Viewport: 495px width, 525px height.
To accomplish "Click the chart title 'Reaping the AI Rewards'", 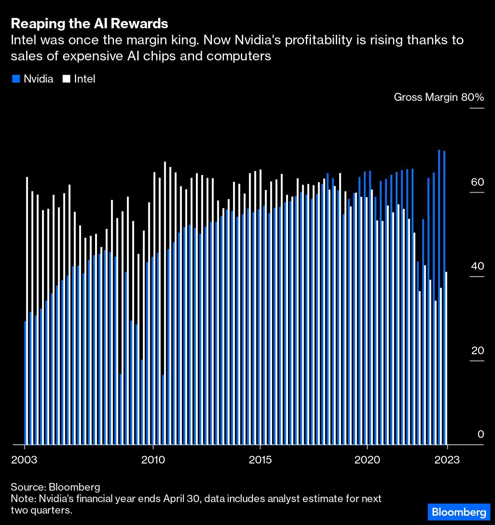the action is coord(89,24).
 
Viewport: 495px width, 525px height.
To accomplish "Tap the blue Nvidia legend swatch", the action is coord(16,79).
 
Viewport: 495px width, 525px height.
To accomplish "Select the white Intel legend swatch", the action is coord(66,79).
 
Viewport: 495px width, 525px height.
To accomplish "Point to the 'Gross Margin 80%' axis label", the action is coord(439,97).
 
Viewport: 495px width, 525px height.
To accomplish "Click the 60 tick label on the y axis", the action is coord(477,182).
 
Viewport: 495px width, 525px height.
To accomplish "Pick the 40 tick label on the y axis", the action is coord(477,266).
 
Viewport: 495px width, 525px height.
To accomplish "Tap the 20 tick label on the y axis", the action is coord(477,350).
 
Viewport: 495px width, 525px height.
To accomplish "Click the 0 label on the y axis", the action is coord(481,434).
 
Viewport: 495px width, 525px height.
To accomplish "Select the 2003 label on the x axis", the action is coord(24,460).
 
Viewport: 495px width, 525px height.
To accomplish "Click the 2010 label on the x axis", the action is coord(153,460).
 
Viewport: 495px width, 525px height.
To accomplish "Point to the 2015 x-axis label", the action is coord(260,460).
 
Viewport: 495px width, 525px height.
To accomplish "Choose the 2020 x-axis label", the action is coord(367,460).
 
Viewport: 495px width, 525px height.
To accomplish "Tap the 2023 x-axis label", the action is coord(447,460).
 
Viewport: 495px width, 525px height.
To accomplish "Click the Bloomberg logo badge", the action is coord(459,512).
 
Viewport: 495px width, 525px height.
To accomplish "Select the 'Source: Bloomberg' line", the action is coord(55,487).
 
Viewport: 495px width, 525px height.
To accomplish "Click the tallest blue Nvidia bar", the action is coord(439,297).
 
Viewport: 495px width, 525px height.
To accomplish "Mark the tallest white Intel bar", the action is coord(165,303).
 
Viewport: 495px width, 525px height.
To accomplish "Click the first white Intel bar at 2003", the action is coord(27,311).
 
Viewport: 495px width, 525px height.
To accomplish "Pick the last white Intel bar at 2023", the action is coord(446,358).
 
